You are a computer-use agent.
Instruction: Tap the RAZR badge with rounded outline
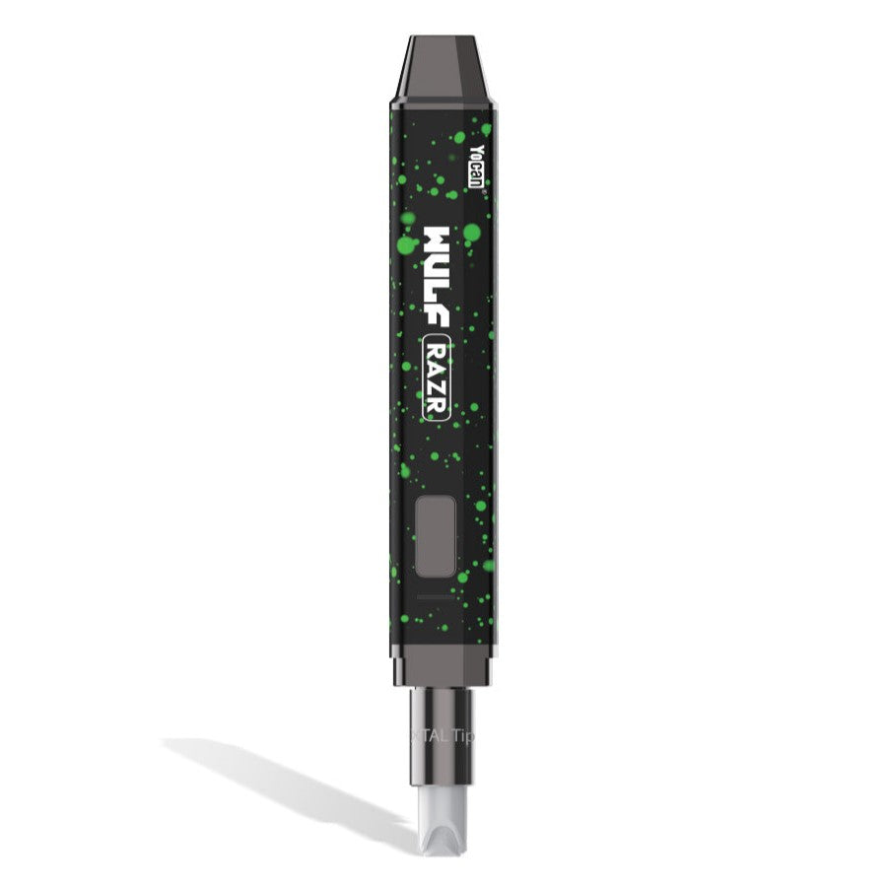pos(438,377)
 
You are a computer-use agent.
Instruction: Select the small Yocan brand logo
pos(476,167)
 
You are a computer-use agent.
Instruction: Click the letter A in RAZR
pos(438,368)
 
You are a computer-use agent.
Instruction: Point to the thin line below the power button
pos(437,598)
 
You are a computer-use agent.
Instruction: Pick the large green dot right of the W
pos(472,234)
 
